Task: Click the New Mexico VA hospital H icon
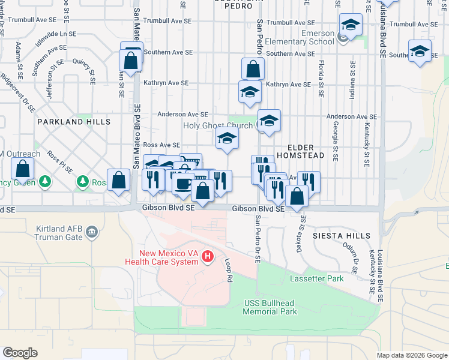(208, 257)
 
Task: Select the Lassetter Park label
(316, 278)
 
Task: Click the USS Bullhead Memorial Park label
(270, 307)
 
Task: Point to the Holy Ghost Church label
(218, 126)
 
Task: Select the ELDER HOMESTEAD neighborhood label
(298, 151)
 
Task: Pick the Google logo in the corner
(20, 352)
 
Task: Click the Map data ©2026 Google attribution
(411, 355)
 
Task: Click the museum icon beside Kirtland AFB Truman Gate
(92, 232)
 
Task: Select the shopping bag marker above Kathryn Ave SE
(253, 69)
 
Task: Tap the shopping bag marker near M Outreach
(22, 170)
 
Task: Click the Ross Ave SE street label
(161, 145)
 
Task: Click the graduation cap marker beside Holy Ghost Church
(269, 120)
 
